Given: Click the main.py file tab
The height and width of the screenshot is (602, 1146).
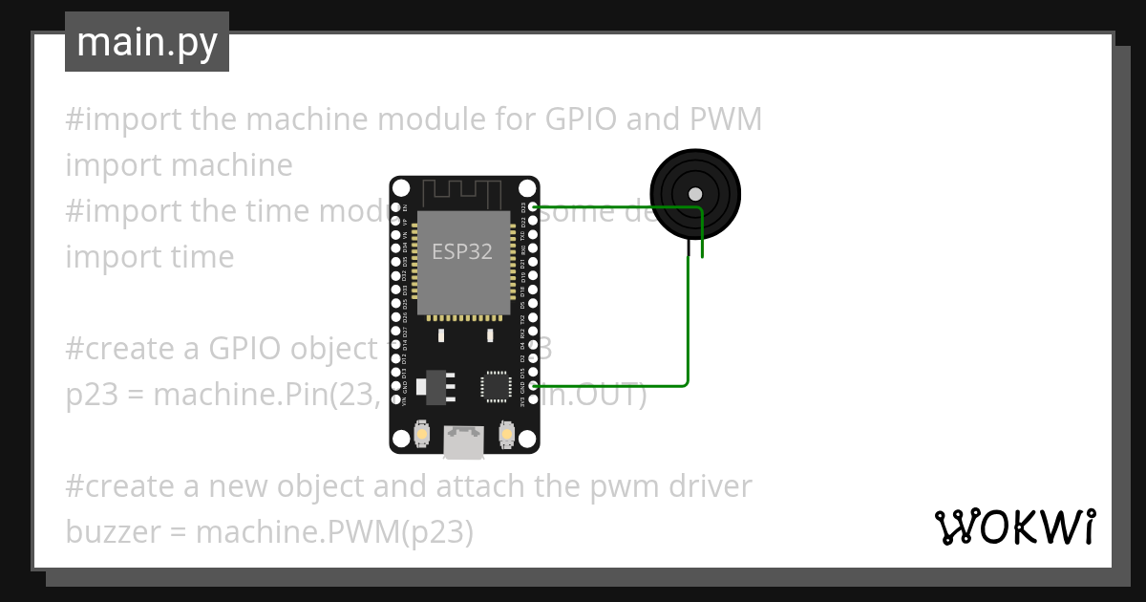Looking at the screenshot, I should tap(147, 42).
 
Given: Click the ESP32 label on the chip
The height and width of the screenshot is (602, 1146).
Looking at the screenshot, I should tap(462, 251).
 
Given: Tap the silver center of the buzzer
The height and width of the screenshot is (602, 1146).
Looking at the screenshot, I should tap(695, 194).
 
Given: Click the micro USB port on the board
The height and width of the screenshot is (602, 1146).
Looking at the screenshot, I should tap(464, 441).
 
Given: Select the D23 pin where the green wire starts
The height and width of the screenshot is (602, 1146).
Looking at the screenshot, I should tap(534, 206).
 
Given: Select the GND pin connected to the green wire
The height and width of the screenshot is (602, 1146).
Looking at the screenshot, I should tap(534, 385).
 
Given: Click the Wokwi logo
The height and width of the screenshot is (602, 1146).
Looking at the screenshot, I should tap(1014, 527).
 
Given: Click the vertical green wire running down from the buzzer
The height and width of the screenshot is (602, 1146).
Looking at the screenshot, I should tap(689, 315).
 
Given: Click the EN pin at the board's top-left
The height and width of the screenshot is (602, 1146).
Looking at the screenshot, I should tap(396, 206).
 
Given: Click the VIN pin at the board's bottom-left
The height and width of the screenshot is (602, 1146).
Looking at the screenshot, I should tap(396, 400).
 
